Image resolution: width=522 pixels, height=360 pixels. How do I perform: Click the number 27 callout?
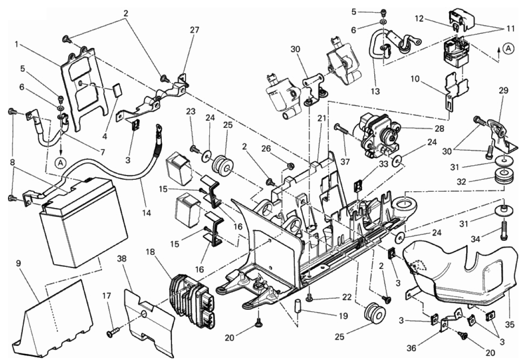(194, 30)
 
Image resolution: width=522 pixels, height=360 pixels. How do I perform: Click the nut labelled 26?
(289, 166)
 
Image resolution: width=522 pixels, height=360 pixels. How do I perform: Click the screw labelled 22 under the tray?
(309, 298)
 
